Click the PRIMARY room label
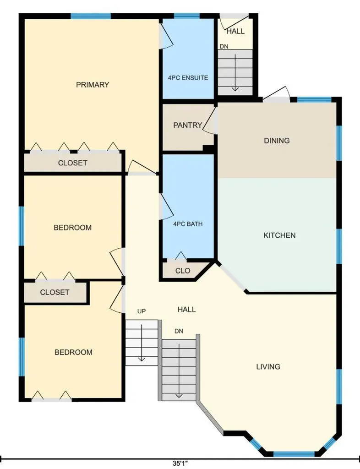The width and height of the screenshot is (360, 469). click(x=93, y=85)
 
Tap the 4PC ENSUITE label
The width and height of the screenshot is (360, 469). click(x=188, y=78)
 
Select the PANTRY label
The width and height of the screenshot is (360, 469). click(x=188, y=125)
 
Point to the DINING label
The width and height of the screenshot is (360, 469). click(x=277, y=141)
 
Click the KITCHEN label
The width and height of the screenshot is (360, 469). click(x=279, y=235)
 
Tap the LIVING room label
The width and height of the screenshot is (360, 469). click(x=268, y=366)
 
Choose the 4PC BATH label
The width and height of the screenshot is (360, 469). click(x=188, y=224)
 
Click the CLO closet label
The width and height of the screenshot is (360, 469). click(x=183, y=271)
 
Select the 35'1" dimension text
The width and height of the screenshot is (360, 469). click(x=180, y=464)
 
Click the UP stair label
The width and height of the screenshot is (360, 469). click(x=142, y=311)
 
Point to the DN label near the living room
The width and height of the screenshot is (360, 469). click(x=179, y=331)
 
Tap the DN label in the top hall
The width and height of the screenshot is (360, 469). click(x=224, y=46)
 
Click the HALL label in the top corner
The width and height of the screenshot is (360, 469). click(x=235, y=31)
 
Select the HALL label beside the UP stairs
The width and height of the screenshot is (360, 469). click(x=186, y=309)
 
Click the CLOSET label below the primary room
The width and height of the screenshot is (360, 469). click(x=73, y=163)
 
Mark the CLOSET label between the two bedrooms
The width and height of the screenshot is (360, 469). click(x=55, y=292)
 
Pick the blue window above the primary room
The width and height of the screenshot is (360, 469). click(x=91, y=16)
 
